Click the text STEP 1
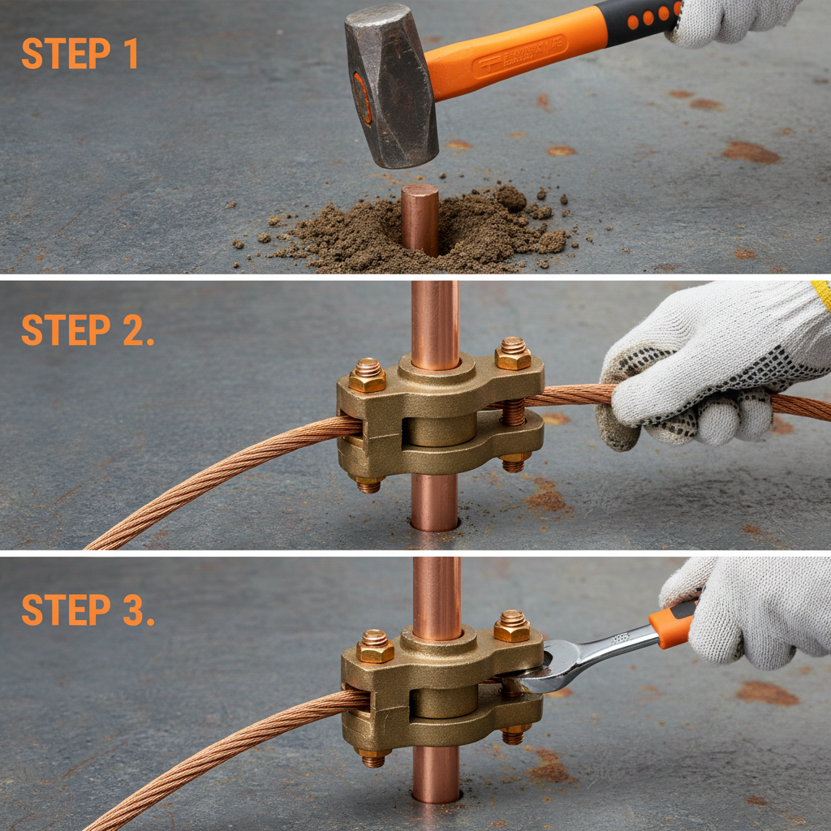[80, 53]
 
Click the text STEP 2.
[88, 330]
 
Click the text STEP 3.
[88, 609]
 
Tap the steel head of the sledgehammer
[390, 85]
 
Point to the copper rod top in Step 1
[420, 195]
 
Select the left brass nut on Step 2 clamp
[368, 376]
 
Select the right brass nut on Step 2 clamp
[513, 354]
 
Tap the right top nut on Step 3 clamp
[512, 626]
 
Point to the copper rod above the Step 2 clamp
[435, 321]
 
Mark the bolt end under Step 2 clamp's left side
[368, 485]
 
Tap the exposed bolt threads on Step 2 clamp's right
[513, 412]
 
